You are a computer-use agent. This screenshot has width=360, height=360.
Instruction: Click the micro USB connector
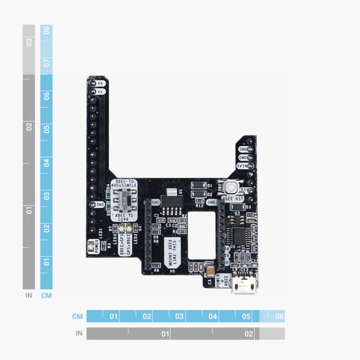(243, 286)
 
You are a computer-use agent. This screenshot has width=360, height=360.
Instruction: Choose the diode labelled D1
(198, 185)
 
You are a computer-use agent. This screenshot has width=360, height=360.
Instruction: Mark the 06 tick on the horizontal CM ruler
(279, 316)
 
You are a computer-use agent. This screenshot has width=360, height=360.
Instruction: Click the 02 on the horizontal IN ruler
(248, 334)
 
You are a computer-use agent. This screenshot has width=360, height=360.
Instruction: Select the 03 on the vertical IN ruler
(29, 43)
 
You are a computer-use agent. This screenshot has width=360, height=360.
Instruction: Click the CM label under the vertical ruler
(46, 296)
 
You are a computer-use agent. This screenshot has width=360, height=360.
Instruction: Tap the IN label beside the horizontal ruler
(79, 333)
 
